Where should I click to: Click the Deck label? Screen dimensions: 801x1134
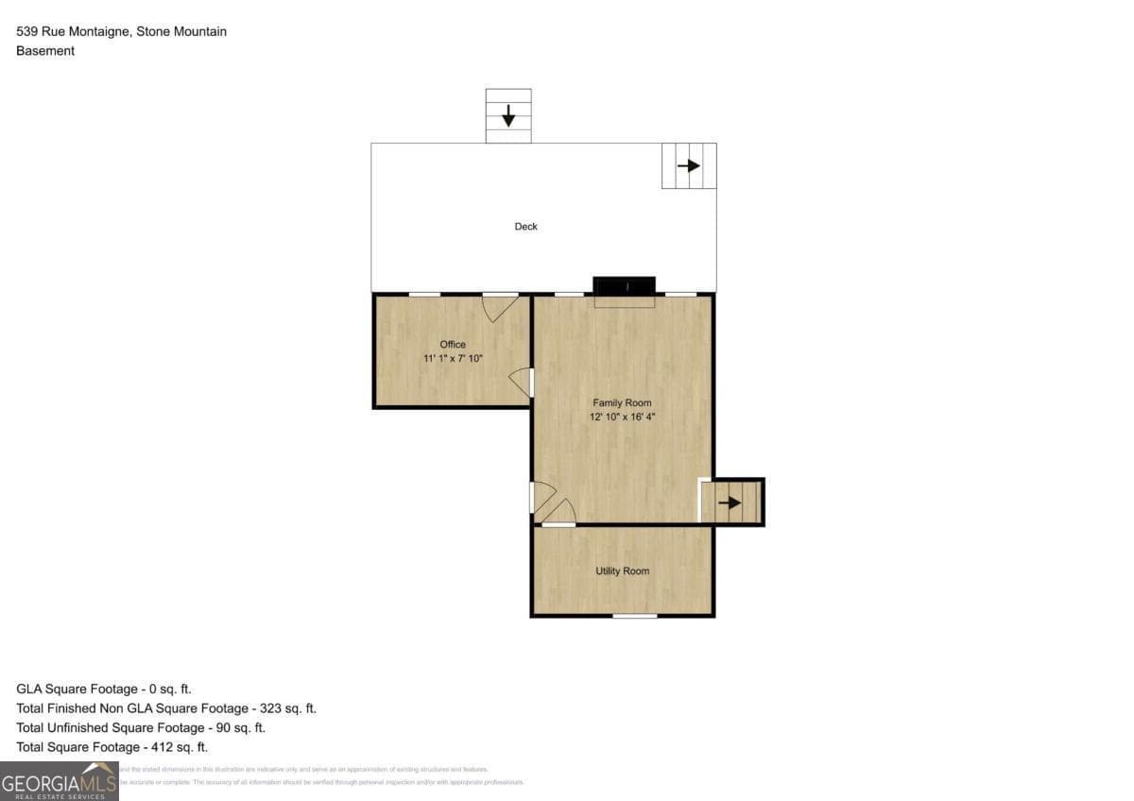pos(525,227)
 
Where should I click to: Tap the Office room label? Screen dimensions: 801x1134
pos(453,344)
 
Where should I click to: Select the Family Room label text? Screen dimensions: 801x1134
pos(622,402)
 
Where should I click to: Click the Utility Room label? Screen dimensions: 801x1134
pos(622,571)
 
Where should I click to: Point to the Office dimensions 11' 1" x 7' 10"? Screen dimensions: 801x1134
pos(453,358)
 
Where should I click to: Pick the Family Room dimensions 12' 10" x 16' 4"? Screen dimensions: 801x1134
pos(622,417)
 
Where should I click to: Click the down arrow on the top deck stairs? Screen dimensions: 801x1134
pos(508,116)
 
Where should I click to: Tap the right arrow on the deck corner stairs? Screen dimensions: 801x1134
pos(689,166)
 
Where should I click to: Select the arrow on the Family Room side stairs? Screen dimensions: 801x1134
pos(730,503)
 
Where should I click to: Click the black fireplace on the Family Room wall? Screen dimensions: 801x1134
pos(624,285)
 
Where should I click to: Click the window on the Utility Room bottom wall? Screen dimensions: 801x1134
pos(634,616)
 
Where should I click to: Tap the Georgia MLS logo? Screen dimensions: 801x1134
pos(59,781)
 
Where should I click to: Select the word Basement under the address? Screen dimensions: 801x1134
pos(45,51)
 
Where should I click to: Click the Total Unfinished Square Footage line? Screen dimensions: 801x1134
pos(141,728)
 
